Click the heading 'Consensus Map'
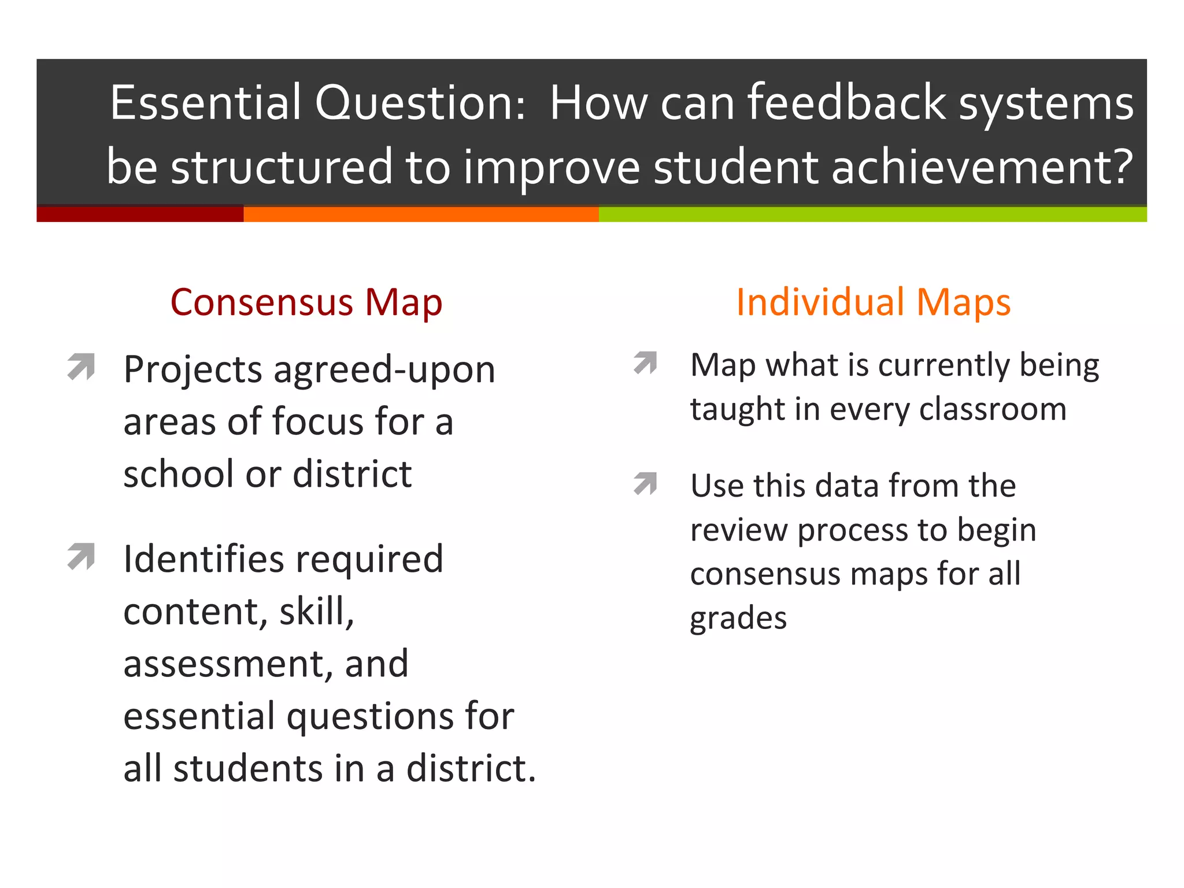pyautogui.click(x=306, y=302)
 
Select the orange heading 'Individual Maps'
pyautogui.click(x=873, y=302)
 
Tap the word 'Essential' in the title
pyautogui.click(x=206, y=103)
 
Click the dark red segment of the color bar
pyautogui.click(x=140, y=214)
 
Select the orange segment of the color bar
pyautogui.click(x=421, y=214)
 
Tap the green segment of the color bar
pyautogui.click(x=872, y=214)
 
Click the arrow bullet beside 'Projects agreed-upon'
pyautogui.click(x=81, y=366)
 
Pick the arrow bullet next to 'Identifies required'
pyautogui.click(x=81, y=556)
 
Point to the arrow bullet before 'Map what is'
pyautogui.click(x=646, y=362)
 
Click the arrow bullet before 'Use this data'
pyautogui.click(x=646, y=483)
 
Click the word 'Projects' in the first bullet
pyautogui.click(x=193, y=371)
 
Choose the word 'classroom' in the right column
pyautogui.click(x=993, y=409)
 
